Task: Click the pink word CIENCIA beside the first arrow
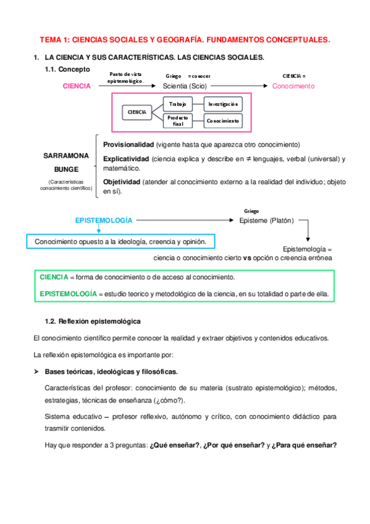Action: point(77,87)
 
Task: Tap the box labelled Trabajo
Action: point(178,104)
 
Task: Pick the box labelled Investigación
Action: point(222,104)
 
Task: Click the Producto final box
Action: point(178,120)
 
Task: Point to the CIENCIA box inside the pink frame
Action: point(137,112)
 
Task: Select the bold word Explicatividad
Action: point(126,159)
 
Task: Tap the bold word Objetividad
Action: point(122,182)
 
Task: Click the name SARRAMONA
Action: point(66,155)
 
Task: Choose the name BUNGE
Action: point(66,167)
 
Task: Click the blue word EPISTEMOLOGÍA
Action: point(103,220)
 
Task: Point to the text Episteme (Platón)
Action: point(266,220)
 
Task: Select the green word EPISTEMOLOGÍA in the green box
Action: point(67,294)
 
